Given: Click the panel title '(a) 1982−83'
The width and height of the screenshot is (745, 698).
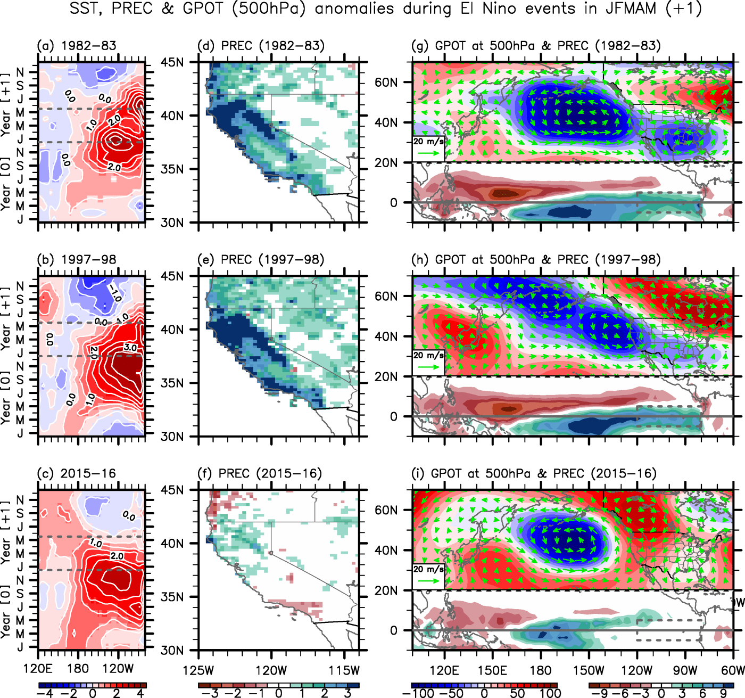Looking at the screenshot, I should pyautogui.click(x=77, y=46).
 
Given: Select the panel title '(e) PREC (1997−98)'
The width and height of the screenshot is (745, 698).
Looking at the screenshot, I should pyautogui.click(x=260, y=260).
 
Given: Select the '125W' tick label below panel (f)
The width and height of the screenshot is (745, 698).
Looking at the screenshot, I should pyautogui.click(x=198, y=670).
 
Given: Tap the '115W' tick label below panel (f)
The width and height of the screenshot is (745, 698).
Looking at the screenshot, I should pyautogui.click(x=345, y=670).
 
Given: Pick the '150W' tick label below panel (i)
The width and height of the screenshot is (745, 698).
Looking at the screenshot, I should pyautogui.click(x=589, y=670).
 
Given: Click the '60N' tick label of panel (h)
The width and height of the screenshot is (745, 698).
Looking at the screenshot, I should pyautogui.click(x=386, y=297).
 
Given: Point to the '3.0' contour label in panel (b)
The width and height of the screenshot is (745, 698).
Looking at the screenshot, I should pyautogui.click(x=130, y=348).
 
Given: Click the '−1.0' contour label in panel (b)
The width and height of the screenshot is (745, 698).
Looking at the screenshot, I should pyautogui.click(x=114, y=292).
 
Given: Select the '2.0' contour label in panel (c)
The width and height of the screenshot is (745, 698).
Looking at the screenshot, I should pyautogui.click(x=117, y=556).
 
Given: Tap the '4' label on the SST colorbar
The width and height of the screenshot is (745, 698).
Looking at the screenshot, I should pyautogui.click(x=140, y=693).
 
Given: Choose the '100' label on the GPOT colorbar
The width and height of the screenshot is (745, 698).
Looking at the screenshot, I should pyautogui.click(x=550, y=693).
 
